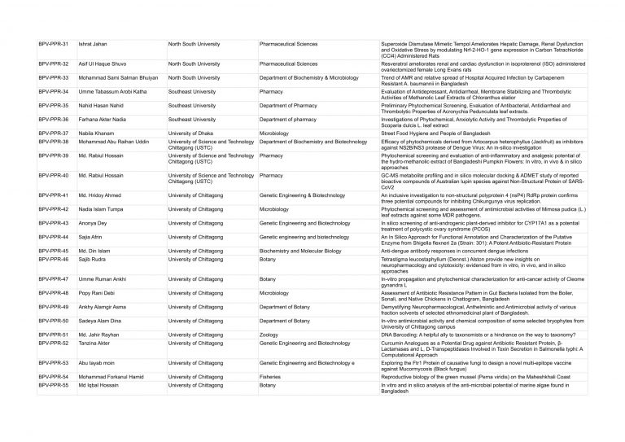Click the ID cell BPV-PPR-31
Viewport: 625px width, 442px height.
(x=54, y=42)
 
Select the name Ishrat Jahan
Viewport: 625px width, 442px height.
(x=94, y=42)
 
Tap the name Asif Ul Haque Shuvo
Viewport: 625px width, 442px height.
(x=103, y=63)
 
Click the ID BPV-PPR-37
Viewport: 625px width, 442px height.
(x=54, y=133)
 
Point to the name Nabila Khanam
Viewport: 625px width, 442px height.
(x=96, y=133)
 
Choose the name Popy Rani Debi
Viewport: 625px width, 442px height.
(x=98, y=291)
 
